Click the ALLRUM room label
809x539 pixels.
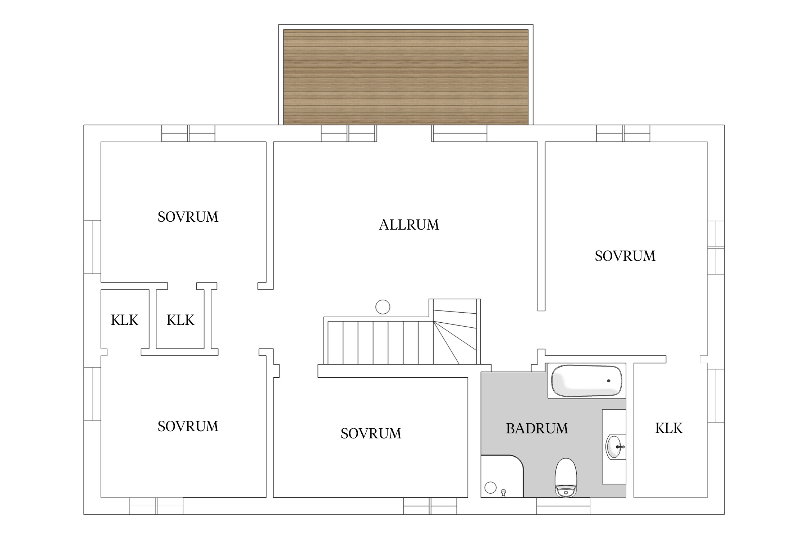coord(409,225)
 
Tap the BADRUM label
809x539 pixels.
coord(537,428)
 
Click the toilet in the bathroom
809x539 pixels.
coord(566,478)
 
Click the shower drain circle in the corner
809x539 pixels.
coord(490,488)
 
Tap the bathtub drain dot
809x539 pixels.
coord(609,381)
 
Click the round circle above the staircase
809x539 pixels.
coord(383,307)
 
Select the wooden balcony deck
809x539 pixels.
coord(406,77)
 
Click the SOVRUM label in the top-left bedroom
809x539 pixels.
coord(188,217)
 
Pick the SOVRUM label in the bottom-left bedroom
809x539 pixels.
coord(188,427)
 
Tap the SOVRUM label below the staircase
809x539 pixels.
coord(371,434)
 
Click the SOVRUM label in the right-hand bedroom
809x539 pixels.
coord(625,256)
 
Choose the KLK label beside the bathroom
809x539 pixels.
coord(669,428)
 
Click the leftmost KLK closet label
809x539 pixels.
coord(124,320)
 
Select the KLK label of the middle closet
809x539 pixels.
coord(180,320)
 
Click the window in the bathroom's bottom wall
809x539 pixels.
coord(563,506)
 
